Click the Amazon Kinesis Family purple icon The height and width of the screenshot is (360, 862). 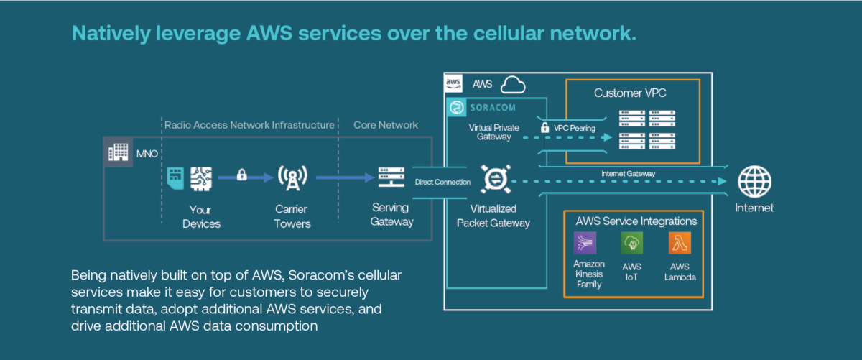[x=585, y=244]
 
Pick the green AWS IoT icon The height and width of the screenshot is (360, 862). [x=632, y=244]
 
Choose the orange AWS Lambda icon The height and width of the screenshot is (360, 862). [x=679, y=244]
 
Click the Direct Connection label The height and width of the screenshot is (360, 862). [x=442, y=183]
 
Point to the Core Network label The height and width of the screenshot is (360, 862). [x=386, y=125]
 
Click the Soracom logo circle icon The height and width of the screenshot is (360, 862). [x=455, y=108]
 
